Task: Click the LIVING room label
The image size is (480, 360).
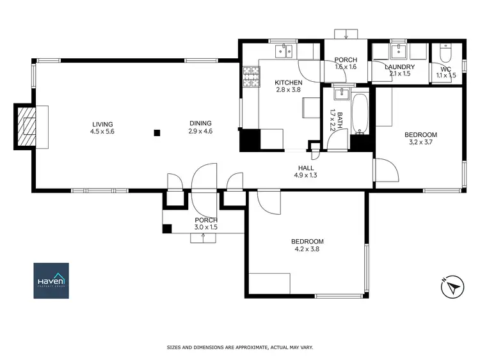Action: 102,124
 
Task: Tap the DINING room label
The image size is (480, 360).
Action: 200,124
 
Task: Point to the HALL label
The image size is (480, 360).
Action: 305,168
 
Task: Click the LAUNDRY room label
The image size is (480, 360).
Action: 399,67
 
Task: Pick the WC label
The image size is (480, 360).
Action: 445,68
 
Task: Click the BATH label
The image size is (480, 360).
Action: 340,117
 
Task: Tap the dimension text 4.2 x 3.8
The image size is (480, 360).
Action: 307,249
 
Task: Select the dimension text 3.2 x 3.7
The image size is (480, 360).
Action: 420,143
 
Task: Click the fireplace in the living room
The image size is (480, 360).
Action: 28,127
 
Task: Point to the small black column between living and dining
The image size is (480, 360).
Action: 157,133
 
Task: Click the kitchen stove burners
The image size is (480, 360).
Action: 250,78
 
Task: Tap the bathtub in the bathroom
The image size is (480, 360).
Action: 359,114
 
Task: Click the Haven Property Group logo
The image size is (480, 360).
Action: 51,280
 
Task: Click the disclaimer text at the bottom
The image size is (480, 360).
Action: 239,347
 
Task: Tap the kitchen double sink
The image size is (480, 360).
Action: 284,49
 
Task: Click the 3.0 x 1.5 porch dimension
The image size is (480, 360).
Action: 206,227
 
